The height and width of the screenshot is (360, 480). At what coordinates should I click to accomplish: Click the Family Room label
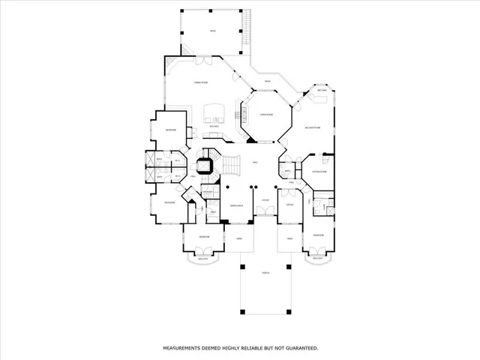click(x=201, y=82)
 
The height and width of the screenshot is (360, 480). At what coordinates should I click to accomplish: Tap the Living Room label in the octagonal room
click(x=265, y=115)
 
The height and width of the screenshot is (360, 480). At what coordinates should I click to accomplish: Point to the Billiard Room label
click(x=313, y=128)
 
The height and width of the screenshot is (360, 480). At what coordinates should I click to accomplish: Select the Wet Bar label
click(x=322, y=91)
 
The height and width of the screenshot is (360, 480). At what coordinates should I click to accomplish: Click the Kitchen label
click(x=214, y=127)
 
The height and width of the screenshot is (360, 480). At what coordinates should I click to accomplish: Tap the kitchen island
click(x=215, y=112)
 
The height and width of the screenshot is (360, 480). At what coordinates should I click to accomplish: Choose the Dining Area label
click(x=235, y=204)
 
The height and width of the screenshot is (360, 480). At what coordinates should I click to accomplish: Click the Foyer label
click(x=265, y=201)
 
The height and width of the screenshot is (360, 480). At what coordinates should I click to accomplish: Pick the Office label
click(x=289, y=204)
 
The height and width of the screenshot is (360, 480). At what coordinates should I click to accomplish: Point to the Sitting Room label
click(x=319, y=172)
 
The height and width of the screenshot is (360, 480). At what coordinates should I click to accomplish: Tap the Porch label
click(x=265, y=274)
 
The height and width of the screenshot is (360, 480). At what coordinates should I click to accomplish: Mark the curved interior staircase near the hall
click(x=229, y=163)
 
